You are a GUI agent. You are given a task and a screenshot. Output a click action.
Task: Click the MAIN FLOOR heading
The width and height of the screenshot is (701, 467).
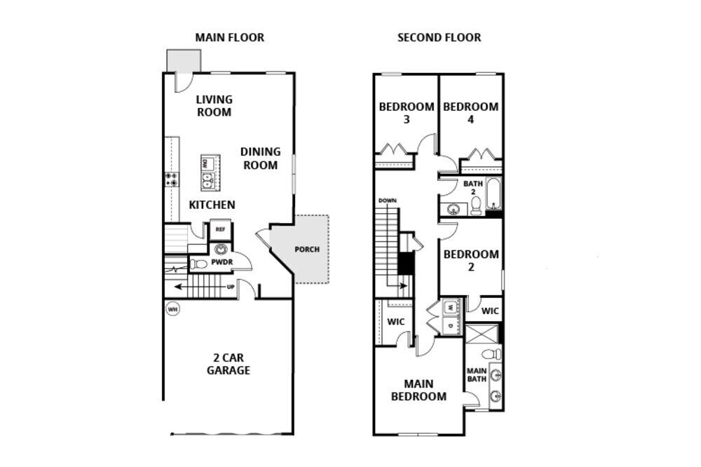click(x=229, y=37)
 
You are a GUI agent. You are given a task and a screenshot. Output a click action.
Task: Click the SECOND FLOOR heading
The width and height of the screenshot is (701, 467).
click(x=439, y=37)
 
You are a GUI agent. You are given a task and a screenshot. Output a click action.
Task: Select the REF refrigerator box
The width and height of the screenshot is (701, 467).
click(x=219, y=229)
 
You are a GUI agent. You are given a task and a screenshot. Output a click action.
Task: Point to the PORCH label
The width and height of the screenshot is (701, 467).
click(x=308, y=249)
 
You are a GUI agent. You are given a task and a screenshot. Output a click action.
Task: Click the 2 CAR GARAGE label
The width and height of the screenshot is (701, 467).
click(x=228, y=363)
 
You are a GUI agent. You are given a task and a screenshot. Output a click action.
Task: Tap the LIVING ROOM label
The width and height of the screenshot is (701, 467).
click(x=214, y=105)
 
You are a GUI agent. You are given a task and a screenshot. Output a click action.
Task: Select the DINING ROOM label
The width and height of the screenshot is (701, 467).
click(x=260, y=158)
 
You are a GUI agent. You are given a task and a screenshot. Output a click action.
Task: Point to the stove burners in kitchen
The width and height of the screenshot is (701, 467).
click(x=170, y=179)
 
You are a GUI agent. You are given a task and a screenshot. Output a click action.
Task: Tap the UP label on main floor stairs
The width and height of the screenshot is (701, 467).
click(x=230, y=287)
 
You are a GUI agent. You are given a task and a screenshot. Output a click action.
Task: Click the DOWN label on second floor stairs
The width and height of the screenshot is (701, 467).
click(x=388, y=201)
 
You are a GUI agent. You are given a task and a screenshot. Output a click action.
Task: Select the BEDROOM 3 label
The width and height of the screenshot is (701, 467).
click(x=407, y=113)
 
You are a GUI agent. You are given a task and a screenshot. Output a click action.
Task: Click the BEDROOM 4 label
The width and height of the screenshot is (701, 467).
click(x=470, y=113)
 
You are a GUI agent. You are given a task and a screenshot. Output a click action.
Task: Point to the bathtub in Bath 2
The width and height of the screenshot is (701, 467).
click(x=494, y=194)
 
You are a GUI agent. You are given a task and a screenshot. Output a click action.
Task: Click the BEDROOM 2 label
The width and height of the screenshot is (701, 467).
click(x=471, y=260)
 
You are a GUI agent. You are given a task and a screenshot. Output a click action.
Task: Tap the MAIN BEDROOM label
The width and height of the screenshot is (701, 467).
click(x=418, y=390)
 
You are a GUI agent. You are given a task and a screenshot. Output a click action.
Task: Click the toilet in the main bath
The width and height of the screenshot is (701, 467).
click(x=495, y=353)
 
